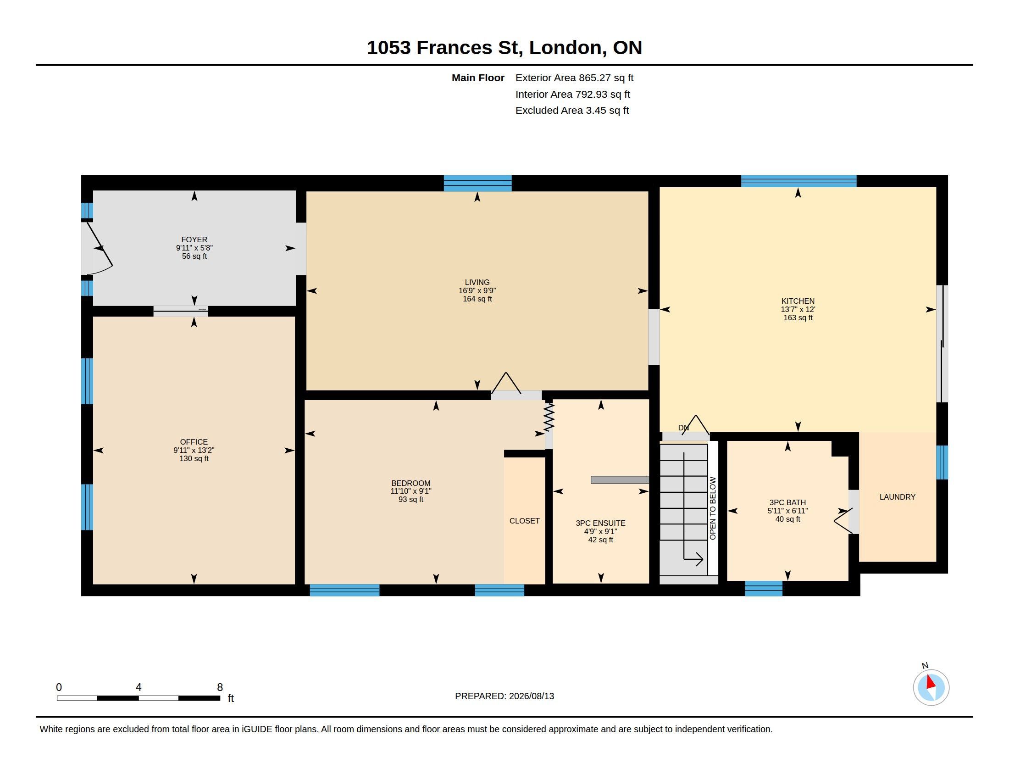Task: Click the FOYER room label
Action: tap(194, 240)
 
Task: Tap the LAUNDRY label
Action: tap(897, 497)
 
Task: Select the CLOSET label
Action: tap(524, 521)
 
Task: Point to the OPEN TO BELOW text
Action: tap(713, 508)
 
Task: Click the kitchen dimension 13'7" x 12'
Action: tap(798, 310)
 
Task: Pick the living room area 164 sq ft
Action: tap(477, 299)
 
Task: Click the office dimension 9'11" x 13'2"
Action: tap(194, 450)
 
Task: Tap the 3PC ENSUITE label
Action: tap(601, 523)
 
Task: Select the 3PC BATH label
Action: tap(787, 502)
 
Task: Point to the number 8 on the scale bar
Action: tap(220, 687)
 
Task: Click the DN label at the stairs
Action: tap(683, 428)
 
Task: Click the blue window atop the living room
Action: tap(478, 184)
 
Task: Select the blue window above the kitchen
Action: tap(799, 181)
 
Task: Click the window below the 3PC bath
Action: tap(764, 588)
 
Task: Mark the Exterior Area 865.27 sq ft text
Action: tap(574, 78)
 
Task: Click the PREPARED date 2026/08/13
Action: tap(531, 696)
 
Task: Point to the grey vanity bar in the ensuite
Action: tap(620, 480)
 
